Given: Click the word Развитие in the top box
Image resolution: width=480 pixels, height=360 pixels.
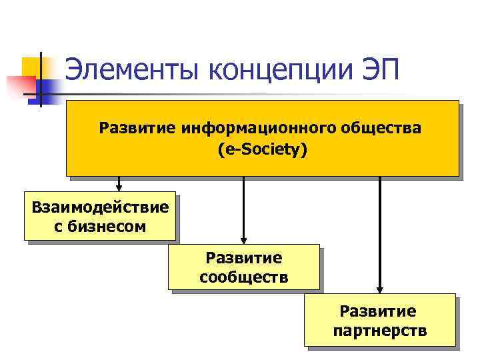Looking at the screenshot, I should tap(137, 127).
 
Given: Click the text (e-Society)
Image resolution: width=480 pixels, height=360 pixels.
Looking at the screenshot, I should tap(263, 150).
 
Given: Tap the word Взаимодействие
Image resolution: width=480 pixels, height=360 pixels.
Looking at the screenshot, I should tap(100, 207).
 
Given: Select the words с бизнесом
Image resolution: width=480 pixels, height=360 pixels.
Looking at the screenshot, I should tap(100, 227).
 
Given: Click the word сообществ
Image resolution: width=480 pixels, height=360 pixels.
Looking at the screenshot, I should tap(244, 277).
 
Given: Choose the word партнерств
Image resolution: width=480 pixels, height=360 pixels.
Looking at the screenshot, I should tap(379, 331).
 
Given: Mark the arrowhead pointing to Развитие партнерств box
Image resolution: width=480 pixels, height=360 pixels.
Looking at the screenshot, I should tap(379, 289).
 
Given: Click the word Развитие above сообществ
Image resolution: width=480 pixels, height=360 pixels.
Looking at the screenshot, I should tap(244, 257).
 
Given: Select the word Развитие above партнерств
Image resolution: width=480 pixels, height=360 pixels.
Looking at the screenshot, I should tap(378, 311).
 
